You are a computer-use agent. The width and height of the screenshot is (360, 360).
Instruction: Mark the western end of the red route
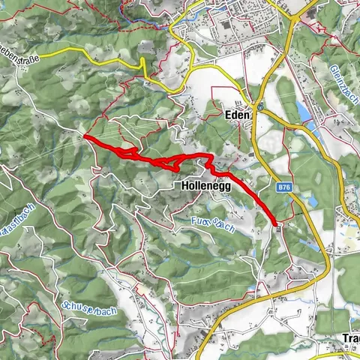85,137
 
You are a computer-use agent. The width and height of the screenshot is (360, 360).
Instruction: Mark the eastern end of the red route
276,223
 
